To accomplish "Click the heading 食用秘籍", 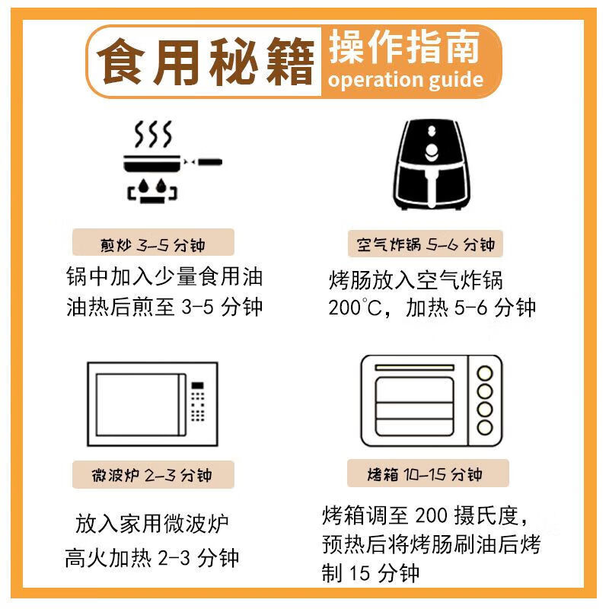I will (x=207, y=62).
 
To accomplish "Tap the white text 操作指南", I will (x=404, y=48).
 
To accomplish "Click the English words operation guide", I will (x=406, y=80).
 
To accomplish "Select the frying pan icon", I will (x=171, y=162).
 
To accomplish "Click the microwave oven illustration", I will (x=152, y=406).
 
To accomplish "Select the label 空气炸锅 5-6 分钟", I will (x=426, y=244).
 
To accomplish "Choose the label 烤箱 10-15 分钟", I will (x=425, y=475).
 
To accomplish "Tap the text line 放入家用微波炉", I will (x=152, y=525).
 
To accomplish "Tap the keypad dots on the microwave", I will (x=198, y=403).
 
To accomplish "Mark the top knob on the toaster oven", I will (x=485, y=373).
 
